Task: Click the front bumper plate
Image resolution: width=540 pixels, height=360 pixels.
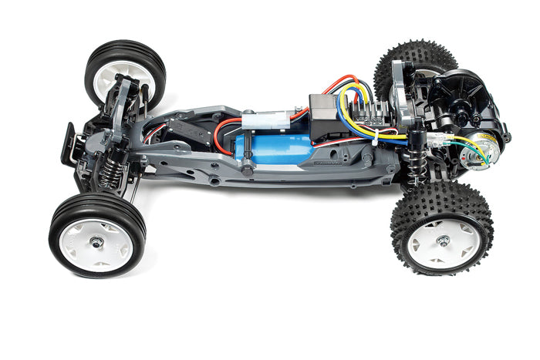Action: tap(69, 142)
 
